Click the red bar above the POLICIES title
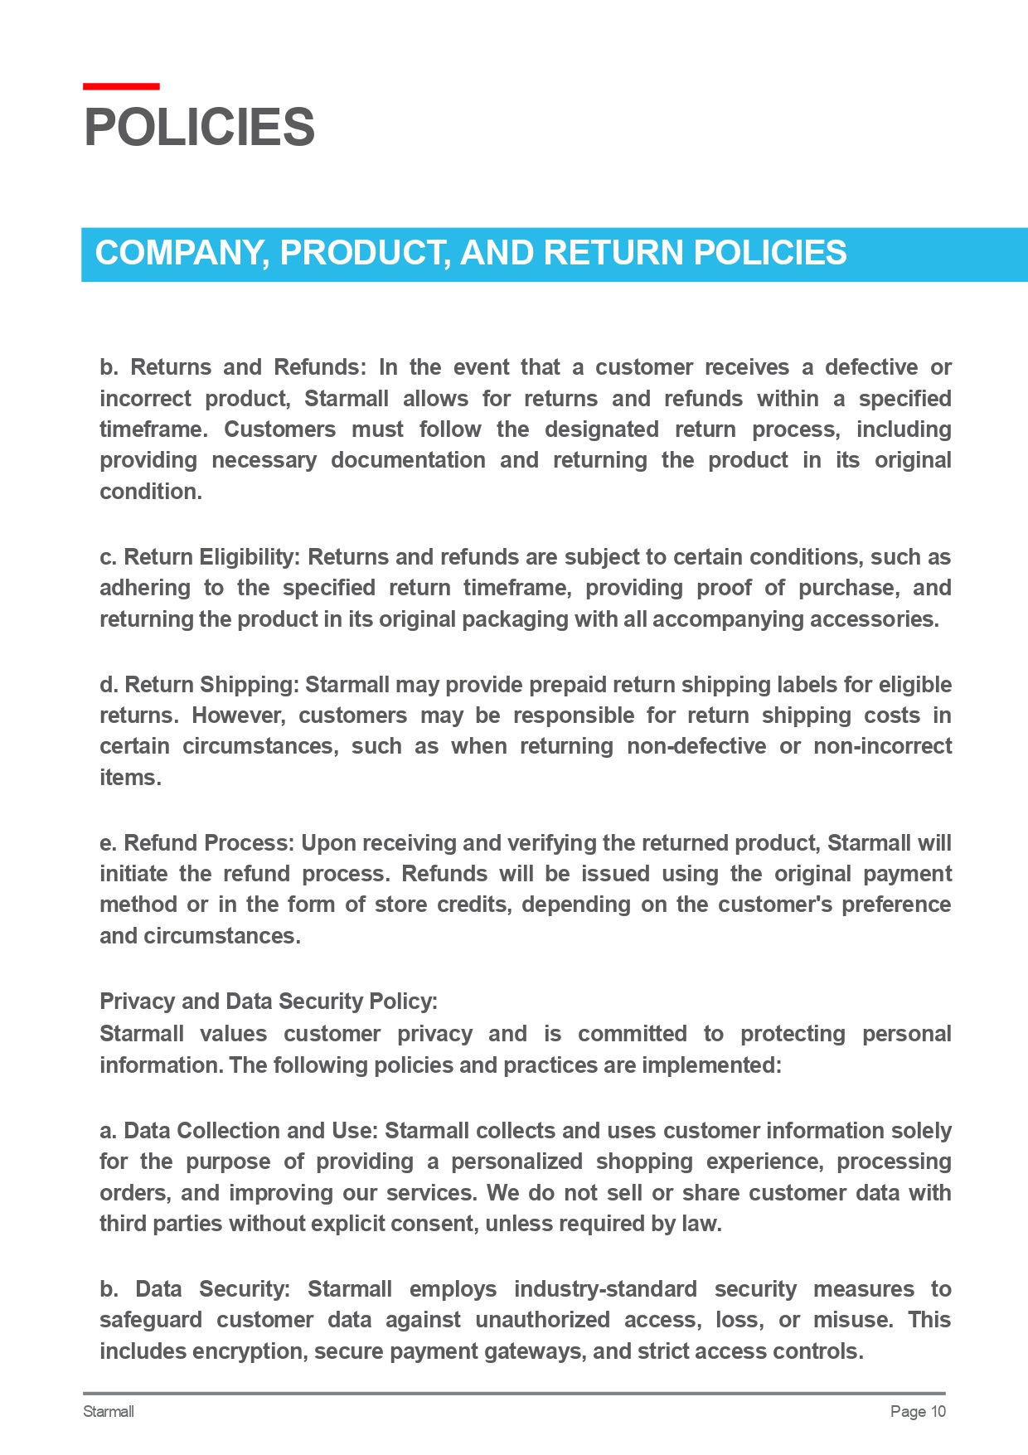[121, 86]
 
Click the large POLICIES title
[199, 128]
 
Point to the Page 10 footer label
[917, 1412]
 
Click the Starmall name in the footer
[109, 1412]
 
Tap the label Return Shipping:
[211, 685]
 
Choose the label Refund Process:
[209, 843]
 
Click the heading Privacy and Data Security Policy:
[269, 1002]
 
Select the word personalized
[516, 1162]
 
